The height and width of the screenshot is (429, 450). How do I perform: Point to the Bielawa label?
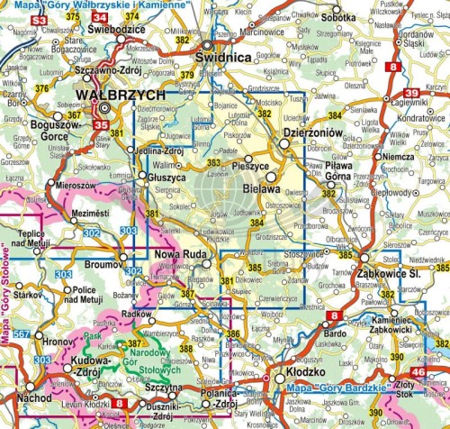[x=263, y=188]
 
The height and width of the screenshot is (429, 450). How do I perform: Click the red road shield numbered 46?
[x=418, y=372]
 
